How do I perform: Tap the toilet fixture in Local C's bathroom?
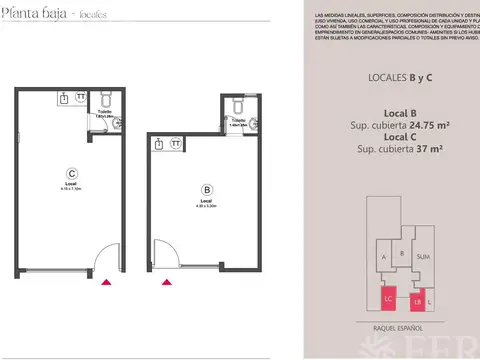(x=109, y=99)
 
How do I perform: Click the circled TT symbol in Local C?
(x=82, y=98)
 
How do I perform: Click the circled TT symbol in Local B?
(x=176, y=143)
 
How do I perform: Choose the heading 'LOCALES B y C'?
(x=392, y=77)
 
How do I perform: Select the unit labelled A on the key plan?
(x=384, y=256)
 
